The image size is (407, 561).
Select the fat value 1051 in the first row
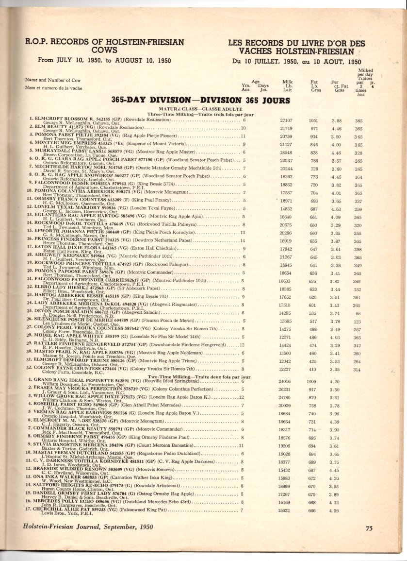click(313, 120)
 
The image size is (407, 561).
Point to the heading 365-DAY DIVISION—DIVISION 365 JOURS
click(200, 101)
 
